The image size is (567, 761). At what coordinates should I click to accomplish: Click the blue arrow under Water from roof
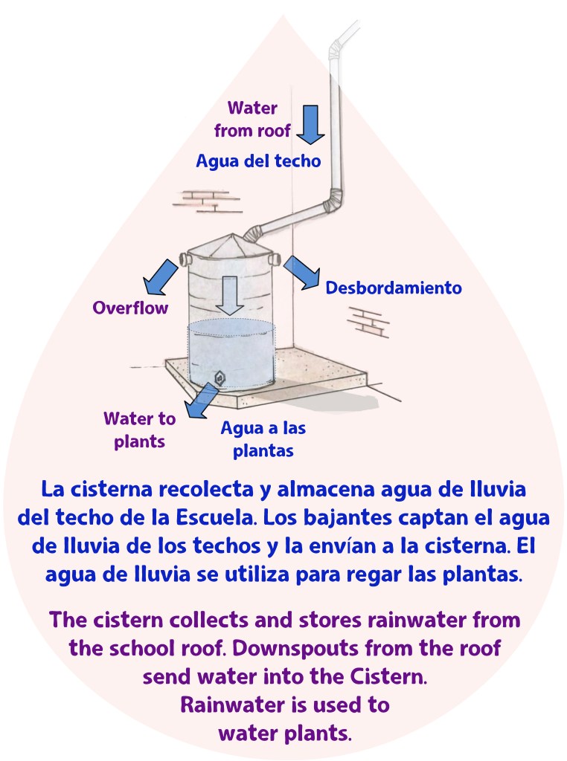coord(310,124)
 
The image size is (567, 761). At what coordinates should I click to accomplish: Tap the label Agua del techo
coord(258,161)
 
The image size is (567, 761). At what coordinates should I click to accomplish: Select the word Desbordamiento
coord(394,288)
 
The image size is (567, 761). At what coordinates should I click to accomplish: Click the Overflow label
coord(130,308)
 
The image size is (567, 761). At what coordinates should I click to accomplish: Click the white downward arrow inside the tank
coord(230,295)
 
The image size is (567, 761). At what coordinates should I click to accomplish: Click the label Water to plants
coord(140,430)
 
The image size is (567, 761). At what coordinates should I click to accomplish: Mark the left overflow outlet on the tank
coord(183,259)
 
